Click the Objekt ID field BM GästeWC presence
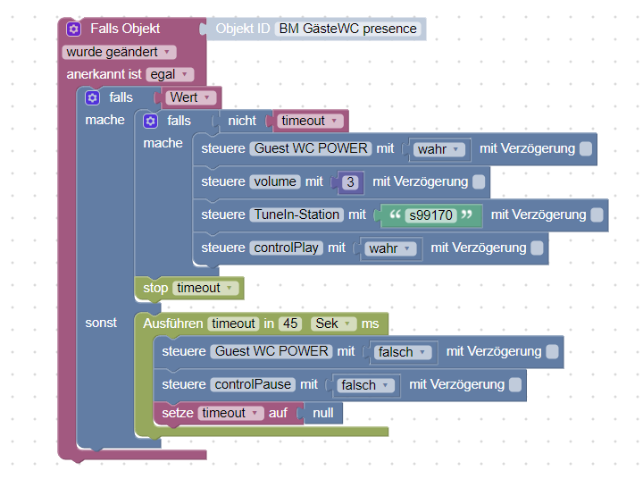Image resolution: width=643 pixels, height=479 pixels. tap(348, 29)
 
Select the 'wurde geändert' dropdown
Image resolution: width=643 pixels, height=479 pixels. tap(120, 52)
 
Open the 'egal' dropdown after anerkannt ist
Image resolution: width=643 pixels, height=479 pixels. tap(170, 74)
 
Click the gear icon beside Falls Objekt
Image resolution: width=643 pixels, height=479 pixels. tap(73, 29)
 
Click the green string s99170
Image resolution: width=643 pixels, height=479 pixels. tap(431, 215)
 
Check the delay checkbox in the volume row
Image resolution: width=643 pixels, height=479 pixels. tap(479, 182)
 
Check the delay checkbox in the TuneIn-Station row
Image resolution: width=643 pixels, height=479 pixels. tap(597, 214)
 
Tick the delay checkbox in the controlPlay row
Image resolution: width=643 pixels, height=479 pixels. tap(537, 248)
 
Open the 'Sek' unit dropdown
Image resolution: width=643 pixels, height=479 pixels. tap(333, 324)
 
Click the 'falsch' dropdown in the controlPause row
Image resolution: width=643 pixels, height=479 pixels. tap(365, 385)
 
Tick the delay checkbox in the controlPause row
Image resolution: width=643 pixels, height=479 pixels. tap(515, 384)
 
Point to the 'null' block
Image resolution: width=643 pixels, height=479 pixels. tap(323, 413)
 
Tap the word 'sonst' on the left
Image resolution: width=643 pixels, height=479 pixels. tap(101, 323)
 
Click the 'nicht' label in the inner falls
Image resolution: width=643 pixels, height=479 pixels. tap(242, 121)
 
